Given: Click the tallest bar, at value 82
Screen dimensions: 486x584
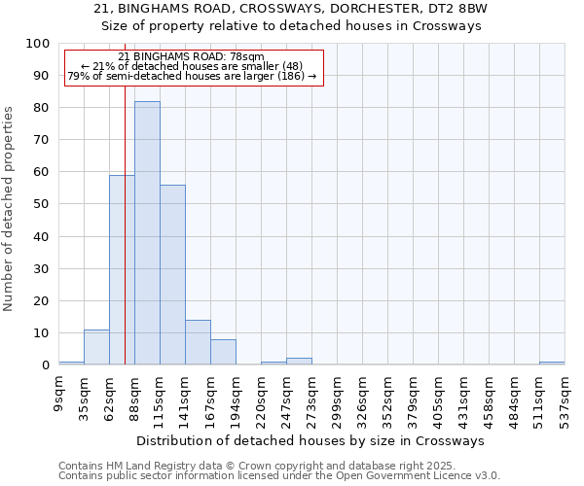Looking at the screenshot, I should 147,233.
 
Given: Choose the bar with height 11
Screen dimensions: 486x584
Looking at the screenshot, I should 96,347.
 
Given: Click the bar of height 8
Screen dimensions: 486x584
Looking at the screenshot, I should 223,352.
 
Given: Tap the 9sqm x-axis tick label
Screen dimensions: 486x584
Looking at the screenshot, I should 59,392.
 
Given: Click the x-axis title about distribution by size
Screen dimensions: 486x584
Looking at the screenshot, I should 310,440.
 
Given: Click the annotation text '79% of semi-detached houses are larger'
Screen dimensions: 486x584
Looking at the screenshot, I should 192,76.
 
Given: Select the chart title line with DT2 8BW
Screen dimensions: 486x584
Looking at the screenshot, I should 292,9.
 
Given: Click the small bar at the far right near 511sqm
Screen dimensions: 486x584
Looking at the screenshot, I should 552,363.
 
